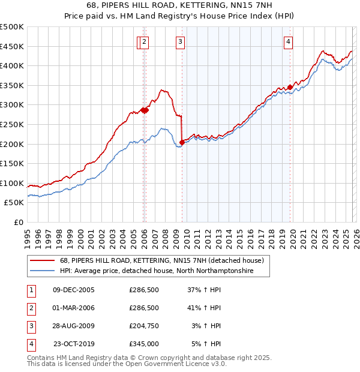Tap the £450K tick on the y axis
tap(12, 46)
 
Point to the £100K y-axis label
tap(12, 183)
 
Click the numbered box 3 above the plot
tap(180, 42)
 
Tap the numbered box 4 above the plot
tap(289, 42)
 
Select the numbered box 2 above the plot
tap(146, 42)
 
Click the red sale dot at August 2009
tap(182, 142)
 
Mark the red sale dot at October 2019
tap(290, 87)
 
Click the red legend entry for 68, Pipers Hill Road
tap(162, 261)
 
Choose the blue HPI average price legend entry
tap(157, 271)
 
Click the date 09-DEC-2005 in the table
tap(74, 290)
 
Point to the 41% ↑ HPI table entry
tap(204, 308)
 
